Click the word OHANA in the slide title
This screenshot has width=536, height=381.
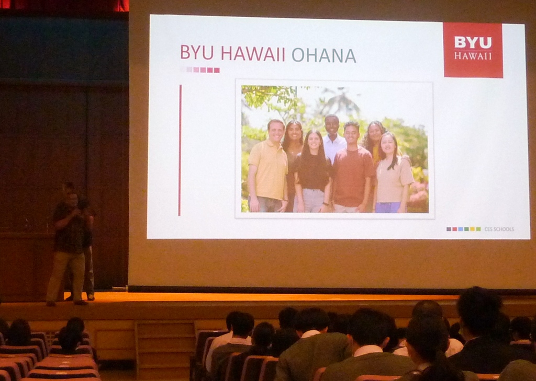(323, 55)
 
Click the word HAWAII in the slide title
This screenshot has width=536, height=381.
(253, 54)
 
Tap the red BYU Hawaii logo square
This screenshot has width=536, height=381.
(473, 50)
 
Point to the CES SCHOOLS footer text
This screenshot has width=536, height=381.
(499, 229)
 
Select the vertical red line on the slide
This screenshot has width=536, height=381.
(180, 150)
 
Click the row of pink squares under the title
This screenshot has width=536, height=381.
(200, 70)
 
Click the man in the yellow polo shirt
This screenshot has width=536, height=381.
(269, 166)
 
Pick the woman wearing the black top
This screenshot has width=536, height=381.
(312, 172)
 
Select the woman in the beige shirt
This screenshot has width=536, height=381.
(393, 174)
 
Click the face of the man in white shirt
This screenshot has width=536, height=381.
(331, 125)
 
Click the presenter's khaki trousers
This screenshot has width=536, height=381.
(66, 277)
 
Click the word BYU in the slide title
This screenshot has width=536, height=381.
(197, 52)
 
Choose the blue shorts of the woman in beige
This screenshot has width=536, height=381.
(388, 207)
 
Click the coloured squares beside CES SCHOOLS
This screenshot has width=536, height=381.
(464, 229)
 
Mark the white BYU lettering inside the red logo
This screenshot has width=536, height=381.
(473, 42)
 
